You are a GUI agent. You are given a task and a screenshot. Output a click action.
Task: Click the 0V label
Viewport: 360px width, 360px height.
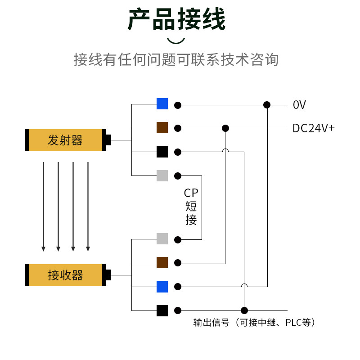[x=299, y=105]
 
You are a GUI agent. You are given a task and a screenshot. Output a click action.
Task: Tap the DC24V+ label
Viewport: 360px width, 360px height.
[x=313, y=128]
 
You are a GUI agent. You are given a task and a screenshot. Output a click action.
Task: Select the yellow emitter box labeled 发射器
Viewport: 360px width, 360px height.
[x=65, y=140]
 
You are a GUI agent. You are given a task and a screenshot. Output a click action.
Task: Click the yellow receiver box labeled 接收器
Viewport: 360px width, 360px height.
[x=65, y=275]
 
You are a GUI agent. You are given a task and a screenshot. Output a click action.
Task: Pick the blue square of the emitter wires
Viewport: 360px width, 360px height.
[x=162, y=104]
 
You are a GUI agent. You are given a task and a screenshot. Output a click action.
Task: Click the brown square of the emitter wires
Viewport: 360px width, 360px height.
[x=162, y=128]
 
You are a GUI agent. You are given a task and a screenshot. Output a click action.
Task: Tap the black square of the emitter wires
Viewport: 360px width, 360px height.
[x=162, y=152]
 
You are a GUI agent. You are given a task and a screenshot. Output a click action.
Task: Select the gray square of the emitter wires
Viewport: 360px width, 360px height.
[x=162, y=175]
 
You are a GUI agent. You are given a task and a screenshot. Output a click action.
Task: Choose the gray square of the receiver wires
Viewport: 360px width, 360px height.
[x=162, y=239]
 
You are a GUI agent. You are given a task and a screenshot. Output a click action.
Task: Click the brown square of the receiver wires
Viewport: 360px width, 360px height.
[x=162, y=263]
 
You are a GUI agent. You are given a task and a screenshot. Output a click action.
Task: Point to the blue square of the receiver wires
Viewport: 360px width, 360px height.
[x=162, y=287]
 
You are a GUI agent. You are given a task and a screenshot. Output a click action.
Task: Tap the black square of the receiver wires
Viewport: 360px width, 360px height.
[x=162, y=310]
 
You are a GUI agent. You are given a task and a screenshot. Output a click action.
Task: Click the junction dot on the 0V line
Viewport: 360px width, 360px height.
[x=267, y=105]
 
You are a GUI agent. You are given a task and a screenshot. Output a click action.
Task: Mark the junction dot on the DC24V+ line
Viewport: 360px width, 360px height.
[x=225, y=128]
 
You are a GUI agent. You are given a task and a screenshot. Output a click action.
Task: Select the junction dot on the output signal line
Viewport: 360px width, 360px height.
[x=244, y=310]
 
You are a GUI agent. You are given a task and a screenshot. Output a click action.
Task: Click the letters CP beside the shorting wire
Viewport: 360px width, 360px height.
[x=191, y=193]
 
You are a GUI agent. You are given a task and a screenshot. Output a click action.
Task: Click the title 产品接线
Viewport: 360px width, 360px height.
[x=176, y=19]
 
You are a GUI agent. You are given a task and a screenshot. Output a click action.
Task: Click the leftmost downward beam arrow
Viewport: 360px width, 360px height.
[x=43, y=207]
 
